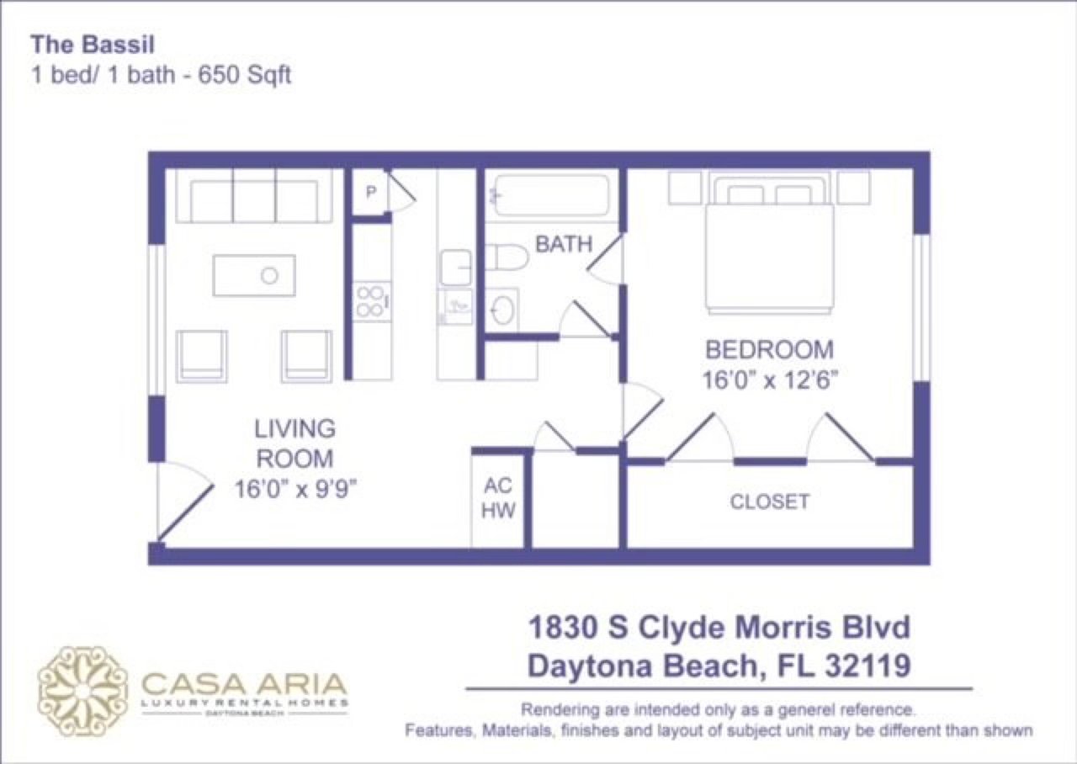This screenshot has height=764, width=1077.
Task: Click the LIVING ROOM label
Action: point(294,443)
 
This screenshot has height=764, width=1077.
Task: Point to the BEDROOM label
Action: point(769,348)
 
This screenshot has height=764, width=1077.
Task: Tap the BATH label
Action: point(564,245)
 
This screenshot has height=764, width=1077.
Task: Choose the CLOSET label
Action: point(769,502)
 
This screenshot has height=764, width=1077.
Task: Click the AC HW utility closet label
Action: point(499,498)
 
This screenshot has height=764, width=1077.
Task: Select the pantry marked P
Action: point(370,193)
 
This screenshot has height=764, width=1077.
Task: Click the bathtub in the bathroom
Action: point(551,196)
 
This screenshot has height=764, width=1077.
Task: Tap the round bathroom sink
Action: point(502,309)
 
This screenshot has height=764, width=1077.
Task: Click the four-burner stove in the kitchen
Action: point(370,301)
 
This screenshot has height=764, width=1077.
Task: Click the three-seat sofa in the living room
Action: point(254,199)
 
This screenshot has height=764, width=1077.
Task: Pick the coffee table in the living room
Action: point(254,275)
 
